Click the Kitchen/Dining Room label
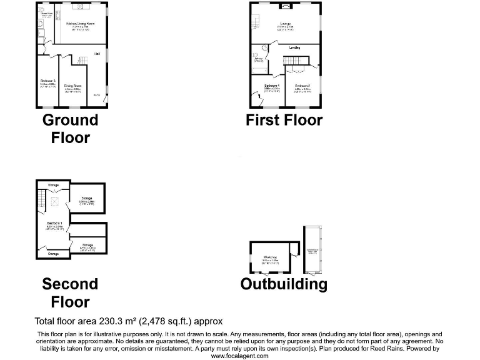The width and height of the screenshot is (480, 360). click(x=80, y=23)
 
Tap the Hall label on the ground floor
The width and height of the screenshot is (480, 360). click(x=97, y=54)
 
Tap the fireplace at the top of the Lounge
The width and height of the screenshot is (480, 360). click(x=286, y=6)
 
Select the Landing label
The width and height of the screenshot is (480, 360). click(x=294, y=47)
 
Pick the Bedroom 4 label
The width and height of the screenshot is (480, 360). click(x=271, y=86)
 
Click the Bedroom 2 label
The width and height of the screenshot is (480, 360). click(x=302, y=86)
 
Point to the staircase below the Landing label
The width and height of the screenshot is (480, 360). click(x=293, y=60)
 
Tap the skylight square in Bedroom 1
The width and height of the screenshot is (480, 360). click(x=54, y=201)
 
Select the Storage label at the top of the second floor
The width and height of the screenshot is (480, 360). click(x=53, y=186)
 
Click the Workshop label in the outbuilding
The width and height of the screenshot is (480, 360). click(x=270, y=257)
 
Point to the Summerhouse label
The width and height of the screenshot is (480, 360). click(x=312, y=250)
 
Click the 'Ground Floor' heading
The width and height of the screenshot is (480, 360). click(x=70, y=128)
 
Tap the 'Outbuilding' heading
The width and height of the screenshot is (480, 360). click(x=284, y=284)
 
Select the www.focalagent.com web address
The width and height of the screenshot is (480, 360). click(x=240, y=355)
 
